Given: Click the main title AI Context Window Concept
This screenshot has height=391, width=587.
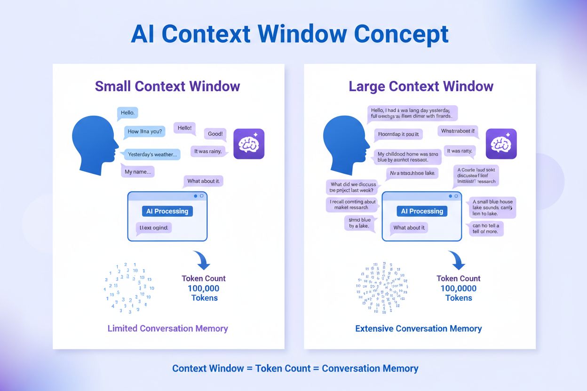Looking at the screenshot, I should [290, 34].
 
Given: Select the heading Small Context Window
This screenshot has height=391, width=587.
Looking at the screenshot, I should [167, 86].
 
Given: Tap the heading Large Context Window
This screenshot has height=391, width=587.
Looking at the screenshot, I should [420, 86].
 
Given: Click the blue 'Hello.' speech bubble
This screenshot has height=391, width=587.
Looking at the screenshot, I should [127, 113].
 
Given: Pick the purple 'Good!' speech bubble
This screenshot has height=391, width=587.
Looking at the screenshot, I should [215, 134].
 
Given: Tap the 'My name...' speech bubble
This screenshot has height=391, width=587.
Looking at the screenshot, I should [138, 172].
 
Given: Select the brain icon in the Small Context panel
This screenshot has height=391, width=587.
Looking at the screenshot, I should [249, 144].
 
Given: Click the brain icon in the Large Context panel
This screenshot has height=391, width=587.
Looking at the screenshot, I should [501, 144].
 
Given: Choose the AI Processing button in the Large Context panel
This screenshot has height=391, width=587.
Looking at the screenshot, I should [422, 211].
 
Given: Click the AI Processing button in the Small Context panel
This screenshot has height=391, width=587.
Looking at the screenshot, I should [167, 211].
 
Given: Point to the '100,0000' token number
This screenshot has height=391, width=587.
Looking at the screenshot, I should [458, 289].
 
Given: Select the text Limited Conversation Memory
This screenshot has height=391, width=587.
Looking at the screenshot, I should [167, 328].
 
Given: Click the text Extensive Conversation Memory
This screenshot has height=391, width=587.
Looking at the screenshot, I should [418, 328].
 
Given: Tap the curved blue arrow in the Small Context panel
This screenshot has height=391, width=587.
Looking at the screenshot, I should [202, 260].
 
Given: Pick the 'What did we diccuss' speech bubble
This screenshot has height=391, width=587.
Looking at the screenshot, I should [353, 188].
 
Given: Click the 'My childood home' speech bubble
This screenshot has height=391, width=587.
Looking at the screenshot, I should [408, 157].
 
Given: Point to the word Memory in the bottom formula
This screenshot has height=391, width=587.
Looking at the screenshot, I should [399, 368].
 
